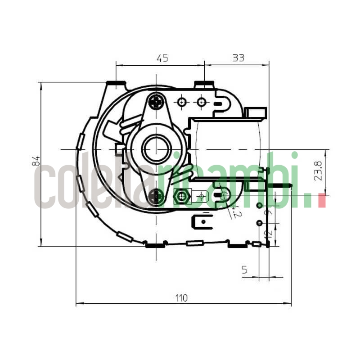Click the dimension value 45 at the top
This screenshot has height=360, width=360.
pyautogui.click(x=162, y=58)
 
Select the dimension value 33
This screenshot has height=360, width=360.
pyautogui.click(x=238, y=58)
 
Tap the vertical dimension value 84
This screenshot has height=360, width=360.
pyautogui.click(x=36, y=162)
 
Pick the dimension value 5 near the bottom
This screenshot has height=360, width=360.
pyautogui.click(x=244, y=270)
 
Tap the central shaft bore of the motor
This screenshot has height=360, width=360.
pyautogui.click(x=156, y=149)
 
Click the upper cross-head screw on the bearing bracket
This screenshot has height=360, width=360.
pyautogui.click(x=156, y=102)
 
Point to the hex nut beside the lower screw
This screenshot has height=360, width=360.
pyautogui.click(x=181, y=196)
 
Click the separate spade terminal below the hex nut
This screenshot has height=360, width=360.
pyautogui.click(x=202, y=221)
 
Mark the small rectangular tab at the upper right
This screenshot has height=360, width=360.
pyautogui.click(x=255, y=112)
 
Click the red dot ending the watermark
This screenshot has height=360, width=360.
pyautogui.click(x=321, y=201)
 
